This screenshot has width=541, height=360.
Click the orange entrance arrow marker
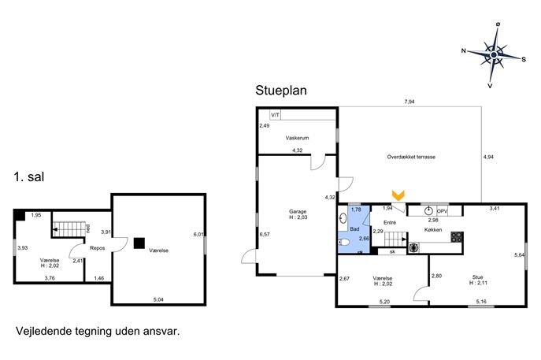(x=398, y=195)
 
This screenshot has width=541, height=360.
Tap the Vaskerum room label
(x=297, y=138)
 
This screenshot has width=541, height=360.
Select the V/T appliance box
(x=275, y=115)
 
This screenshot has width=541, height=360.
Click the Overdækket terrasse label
(x=411, y=157)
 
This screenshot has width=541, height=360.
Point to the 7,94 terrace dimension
(x=409, y=102)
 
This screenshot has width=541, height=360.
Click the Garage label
(x=298, y=212)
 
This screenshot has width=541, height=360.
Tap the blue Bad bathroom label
(x=354, y=228)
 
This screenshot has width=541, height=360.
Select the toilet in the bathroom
(x=343, y=243)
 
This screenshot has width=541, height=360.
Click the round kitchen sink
(x=429, y=210)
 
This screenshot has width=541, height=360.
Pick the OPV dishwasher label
(x=442, y=211)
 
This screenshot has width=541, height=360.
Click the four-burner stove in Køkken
(x=457, y=237)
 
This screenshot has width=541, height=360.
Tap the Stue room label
(x=477, y=277)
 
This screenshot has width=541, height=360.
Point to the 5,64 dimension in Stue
(x=519, y=255)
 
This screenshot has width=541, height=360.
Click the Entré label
(x=390, y=223)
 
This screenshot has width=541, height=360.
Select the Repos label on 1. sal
(x=97, y=248)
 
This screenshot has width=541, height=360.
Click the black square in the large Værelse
(x=139, y=243)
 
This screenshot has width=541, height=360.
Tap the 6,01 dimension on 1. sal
(x=198, y=235)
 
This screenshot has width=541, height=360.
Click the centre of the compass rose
(x=494, y=55)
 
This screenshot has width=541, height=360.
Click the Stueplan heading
(x=281, y=91)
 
